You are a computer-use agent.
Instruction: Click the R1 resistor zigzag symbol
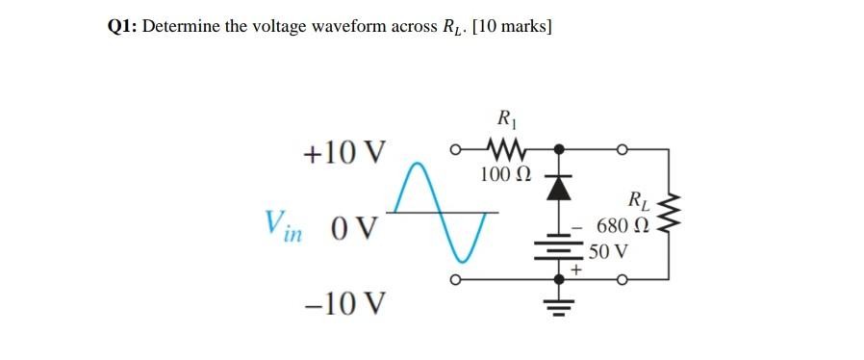[503, 151]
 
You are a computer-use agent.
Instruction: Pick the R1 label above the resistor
[504, 121]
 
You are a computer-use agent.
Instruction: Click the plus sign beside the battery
[576, 271]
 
